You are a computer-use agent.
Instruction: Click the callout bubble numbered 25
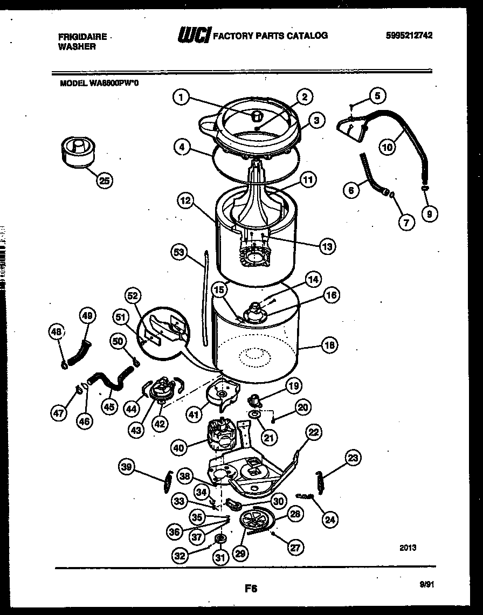coord(105,181)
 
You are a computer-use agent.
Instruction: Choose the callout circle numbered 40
coord(181,446)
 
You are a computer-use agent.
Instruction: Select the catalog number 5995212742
coord(409,36)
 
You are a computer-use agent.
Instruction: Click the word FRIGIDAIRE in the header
coord(81,37)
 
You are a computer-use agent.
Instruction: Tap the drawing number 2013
coord(408,548)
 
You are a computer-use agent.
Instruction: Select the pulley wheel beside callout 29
coord(256,522)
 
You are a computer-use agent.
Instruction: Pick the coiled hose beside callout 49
coord(77,357)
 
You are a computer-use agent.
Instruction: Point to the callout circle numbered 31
coord(219,558)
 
